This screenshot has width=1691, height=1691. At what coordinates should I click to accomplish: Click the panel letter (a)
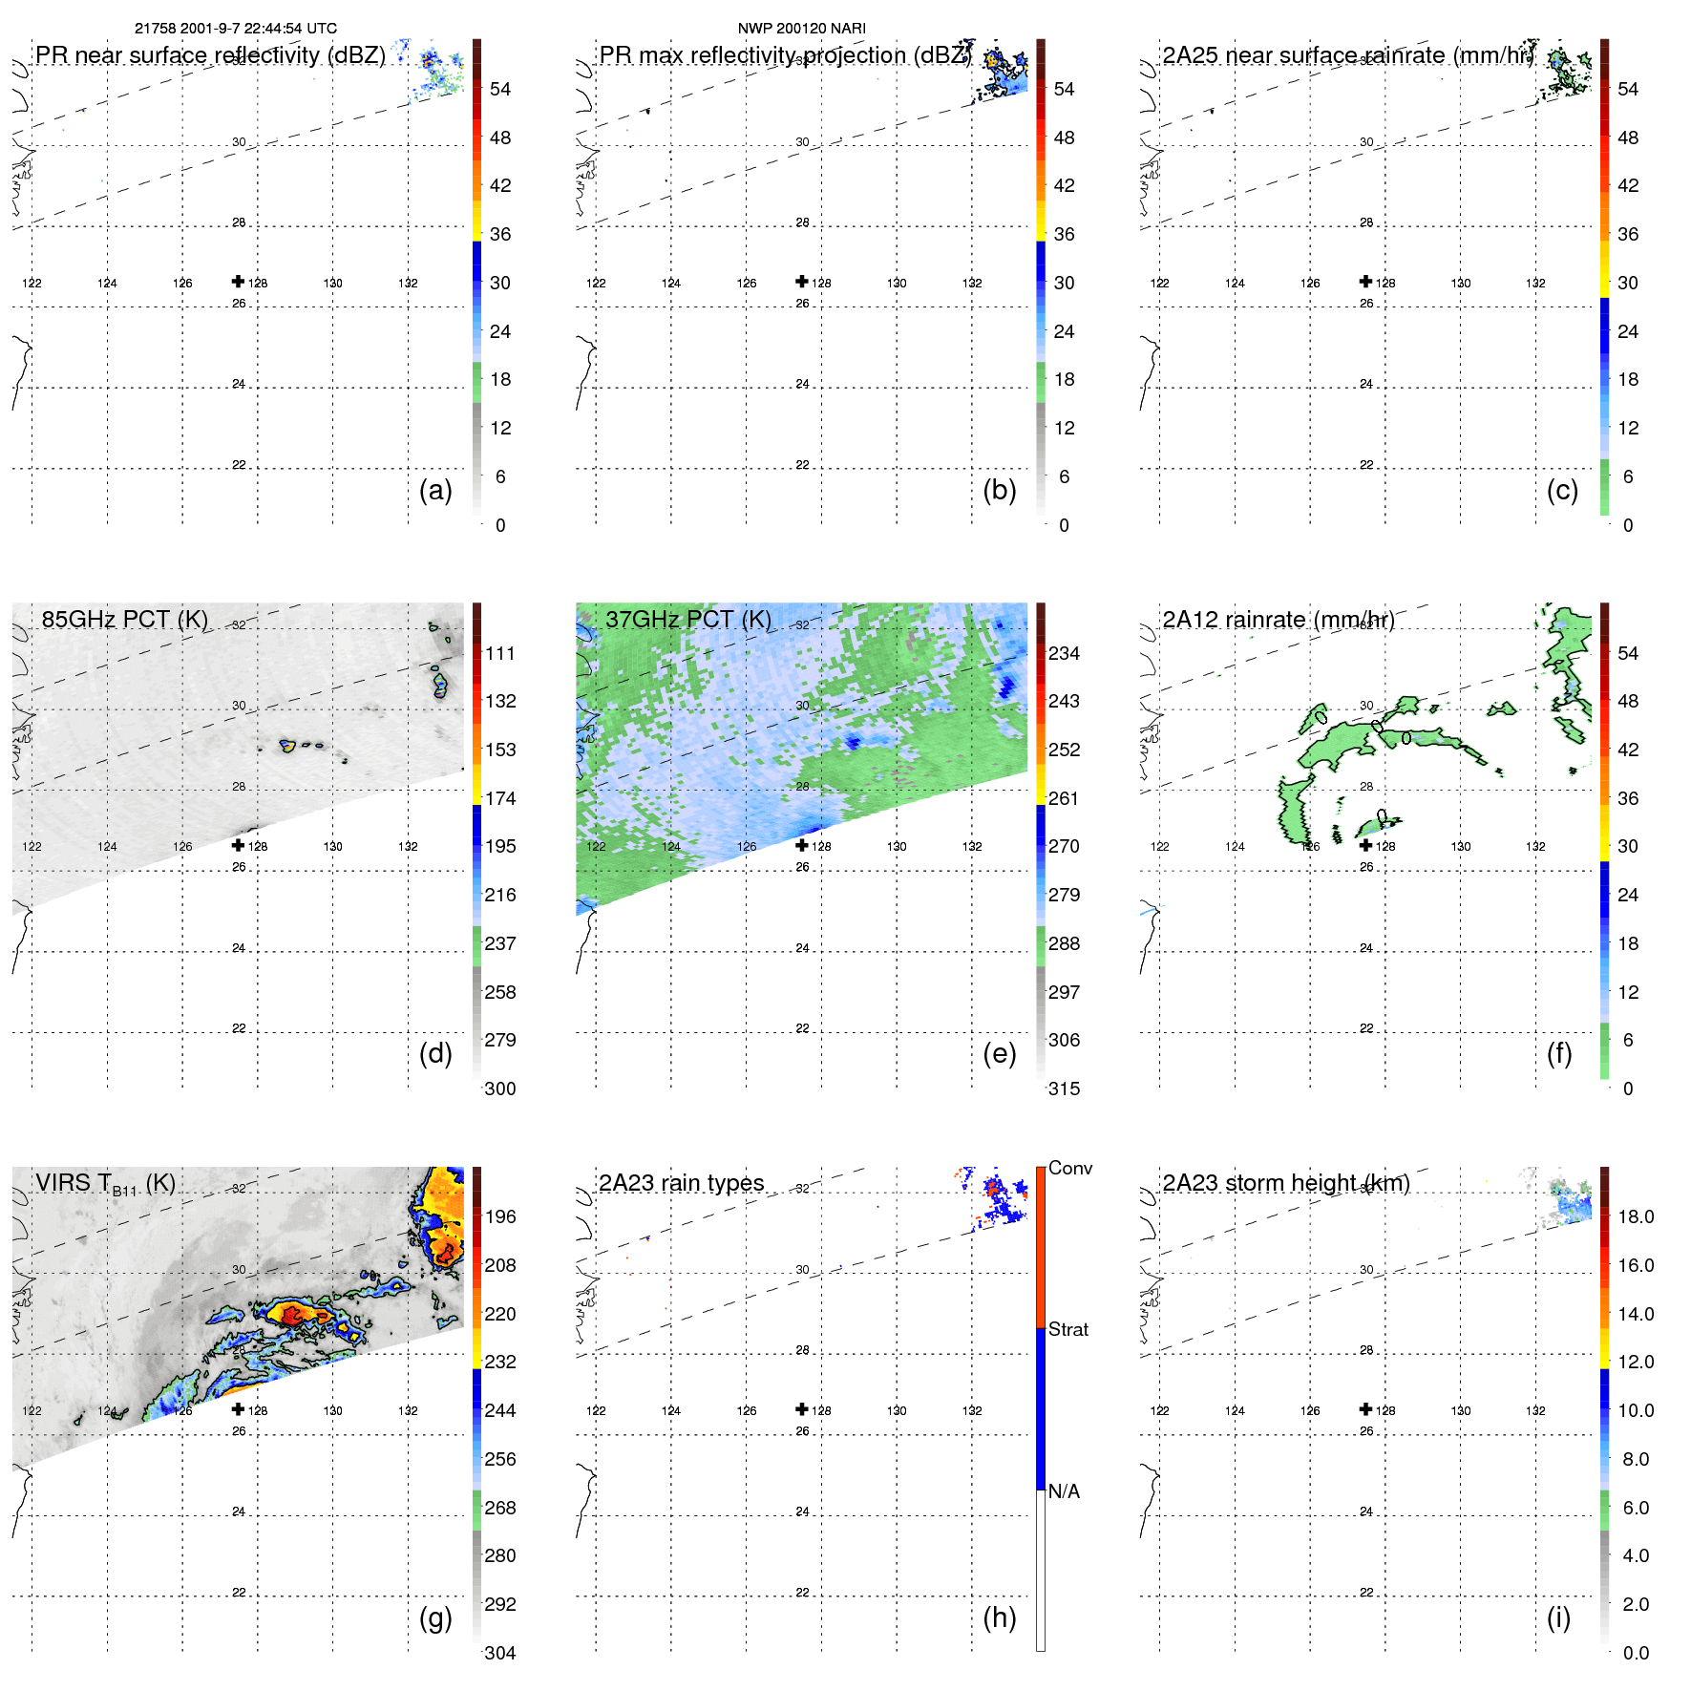(x=434, y=491)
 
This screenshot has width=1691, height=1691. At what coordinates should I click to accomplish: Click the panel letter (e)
(x=999, y=1054)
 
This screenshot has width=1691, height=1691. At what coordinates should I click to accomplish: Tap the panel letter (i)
(x=1558, y=1618)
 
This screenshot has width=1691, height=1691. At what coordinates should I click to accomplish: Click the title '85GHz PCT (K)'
(x=124, y=620)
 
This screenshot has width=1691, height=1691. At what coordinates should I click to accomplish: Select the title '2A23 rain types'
(x=681, y=1183)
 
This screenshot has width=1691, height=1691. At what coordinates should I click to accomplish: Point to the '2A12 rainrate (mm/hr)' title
(x=1278, y=620)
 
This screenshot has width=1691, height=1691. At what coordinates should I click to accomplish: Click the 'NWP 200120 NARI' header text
(x=801, y=29)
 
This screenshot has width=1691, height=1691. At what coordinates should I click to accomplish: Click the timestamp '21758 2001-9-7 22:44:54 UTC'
(x=235, y=29)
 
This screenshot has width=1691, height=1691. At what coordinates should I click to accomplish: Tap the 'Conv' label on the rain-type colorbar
(x=1069, y=1168)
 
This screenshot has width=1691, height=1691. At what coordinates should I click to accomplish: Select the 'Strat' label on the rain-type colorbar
(x=1067, y=1329)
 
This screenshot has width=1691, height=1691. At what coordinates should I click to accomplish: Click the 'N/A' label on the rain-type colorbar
(x=1064, y=1491)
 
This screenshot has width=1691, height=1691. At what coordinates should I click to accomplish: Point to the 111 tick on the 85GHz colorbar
(x=499, y=653)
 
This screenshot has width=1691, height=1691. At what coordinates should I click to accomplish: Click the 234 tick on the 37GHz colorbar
(x=1064, y=653)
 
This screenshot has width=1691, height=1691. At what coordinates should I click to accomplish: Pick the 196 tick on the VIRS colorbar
(x=499, y=1216)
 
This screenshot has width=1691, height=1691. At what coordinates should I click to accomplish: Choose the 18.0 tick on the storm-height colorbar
(x=1635, y=1216)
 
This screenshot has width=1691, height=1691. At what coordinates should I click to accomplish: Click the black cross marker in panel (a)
(x=238, y=281)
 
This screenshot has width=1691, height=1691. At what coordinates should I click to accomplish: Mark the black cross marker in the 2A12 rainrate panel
(x=1365, y=845)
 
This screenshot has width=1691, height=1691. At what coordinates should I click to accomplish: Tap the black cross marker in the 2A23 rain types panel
(x=802, y=1408)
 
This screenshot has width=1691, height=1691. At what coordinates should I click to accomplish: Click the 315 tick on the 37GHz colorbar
(x=1064, y=1089)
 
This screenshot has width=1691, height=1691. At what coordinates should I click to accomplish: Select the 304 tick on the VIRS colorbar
(x=499, y=1653)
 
